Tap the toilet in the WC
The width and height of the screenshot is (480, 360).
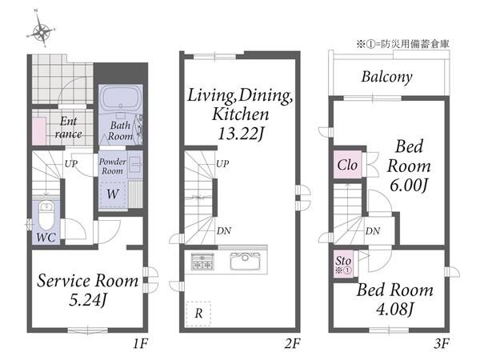[46, 215]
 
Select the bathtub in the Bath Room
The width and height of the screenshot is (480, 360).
[121, 98]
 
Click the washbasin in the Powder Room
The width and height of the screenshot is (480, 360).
[134, 165]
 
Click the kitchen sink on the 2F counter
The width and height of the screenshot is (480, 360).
[246, 261]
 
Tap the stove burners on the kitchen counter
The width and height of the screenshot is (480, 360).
[202, 261]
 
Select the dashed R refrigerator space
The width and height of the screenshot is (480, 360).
[198, 314]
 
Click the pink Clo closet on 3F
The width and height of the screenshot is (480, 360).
[347, 165]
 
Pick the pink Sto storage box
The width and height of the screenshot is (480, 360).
[343, 265]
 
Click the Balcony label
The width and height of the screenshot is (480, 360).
[386, 77]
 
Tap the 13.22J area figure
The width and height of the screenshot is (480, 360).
[240, 134]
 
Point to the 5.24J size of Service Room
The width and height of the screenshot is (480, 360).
[87, 300]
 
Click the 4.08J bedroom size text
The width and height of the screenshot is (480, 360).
[395, 309]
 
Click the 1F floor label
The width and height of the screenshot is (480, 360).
[141, 344]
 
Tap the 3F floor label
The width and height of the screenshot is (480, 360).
[441, 344]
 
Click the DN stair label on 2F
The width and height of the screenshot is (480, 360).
[224, 231]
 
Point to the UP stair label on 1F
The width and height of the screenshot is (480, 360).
[70, 164]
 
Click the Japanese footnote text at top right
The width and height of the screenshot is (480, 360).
[402, 44]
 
